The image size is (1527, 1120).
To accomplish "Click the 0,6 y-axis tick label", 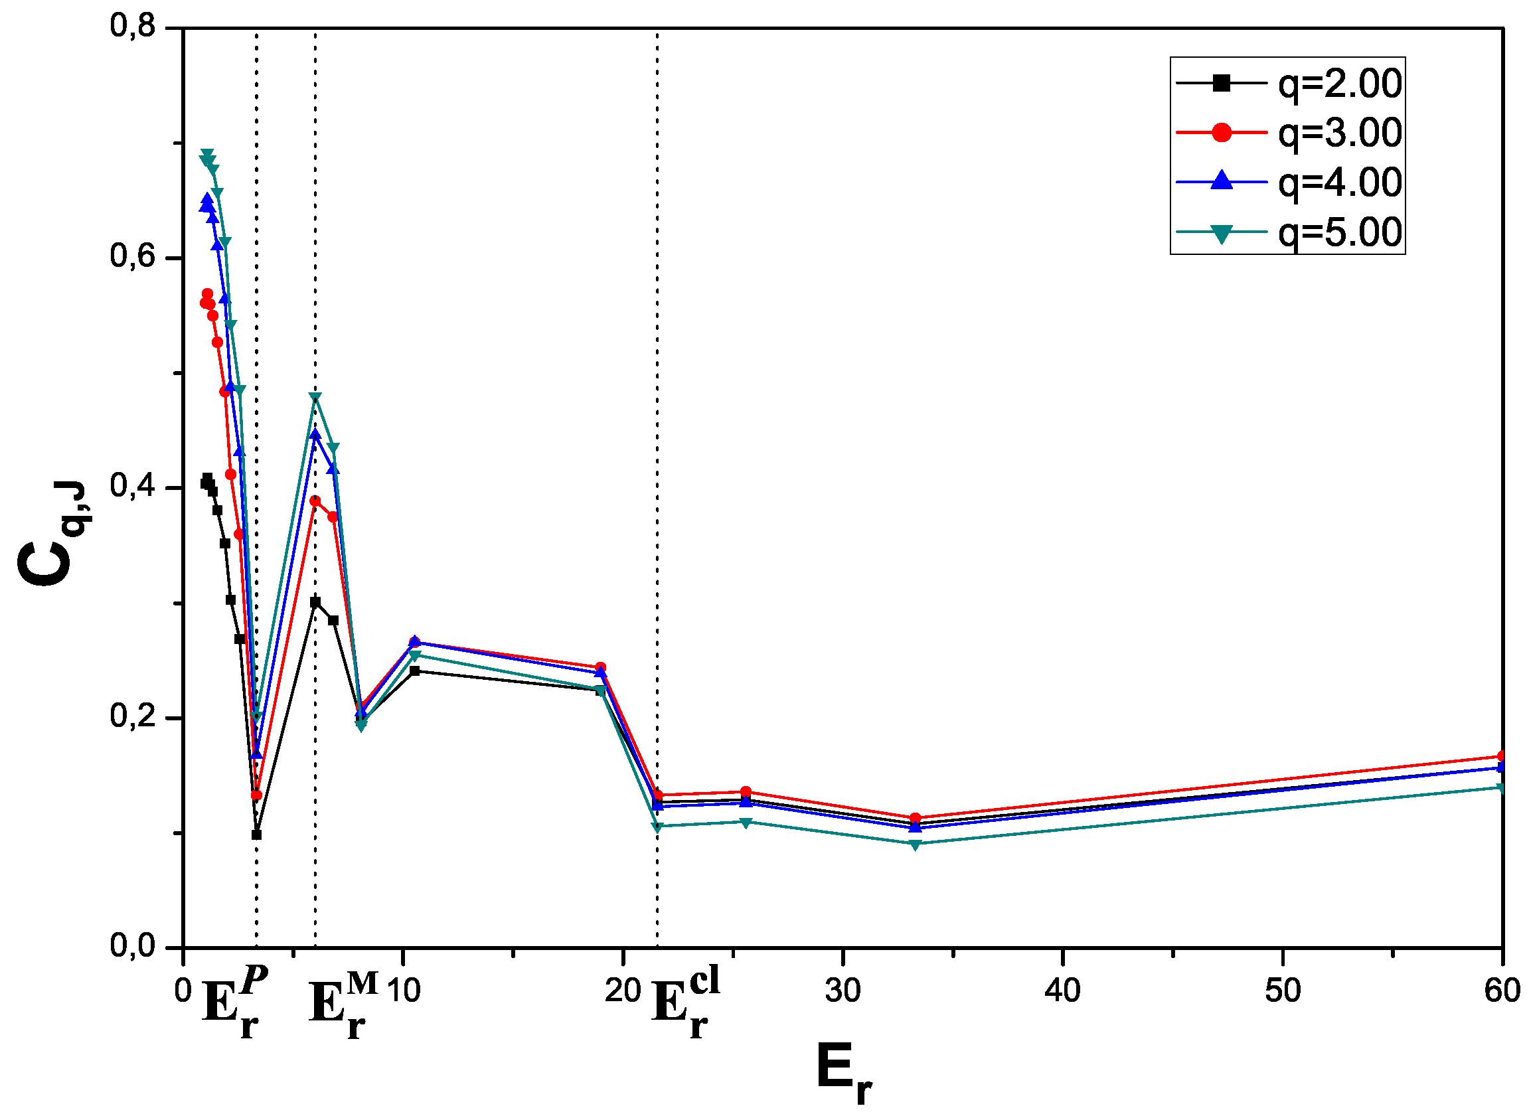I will click(x=133, y=257).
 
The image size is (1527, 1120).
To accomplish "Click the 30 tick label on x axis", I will click(x=842, y=991).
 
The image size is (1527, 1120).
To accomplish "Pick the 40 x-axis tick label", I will click(x=1062, y=991).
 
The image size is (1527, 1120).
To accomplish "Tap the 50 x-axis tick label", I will click(x=1282, y=991).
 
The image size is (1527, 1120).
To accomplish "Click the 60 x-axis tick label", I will click(x=1501, y=991).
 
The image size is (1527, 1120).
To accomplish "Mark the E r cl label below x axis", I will click(x=685, y=1002).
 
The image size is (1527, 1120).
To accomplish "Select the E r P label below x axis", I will click(x=234, y=1002).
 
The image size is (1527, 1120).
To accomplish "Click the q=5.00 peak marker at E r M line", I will click(x=315, y=398).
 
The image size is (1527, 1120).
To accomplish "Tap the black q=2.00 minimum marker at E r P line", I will click(x=256, y=835).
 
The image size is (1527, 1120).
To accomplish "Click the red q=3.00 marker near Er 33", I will click(x=915, y=819).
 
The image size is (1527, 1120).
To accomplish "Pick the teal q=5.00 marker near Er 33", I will click(x=915, y=844).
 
